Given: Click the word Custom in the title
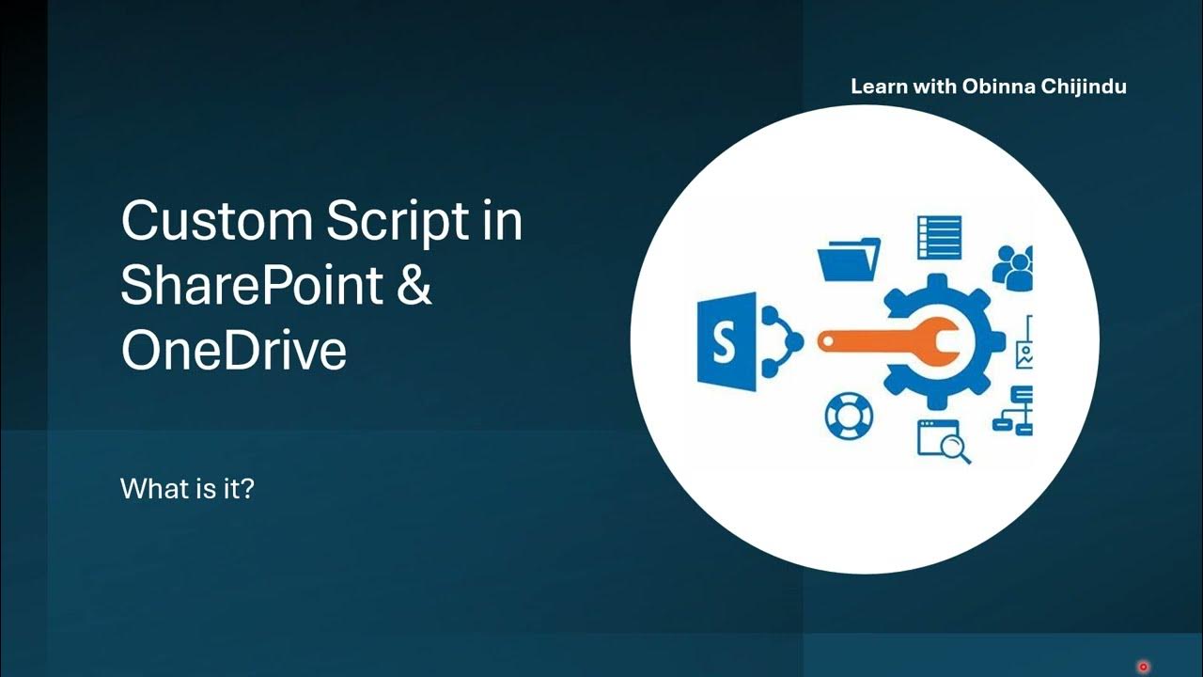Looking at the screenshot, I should (215, 222).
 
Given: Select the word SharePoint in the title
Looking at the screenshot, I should (252, 285).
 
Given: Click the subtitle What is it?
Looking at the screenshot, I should (187, 489).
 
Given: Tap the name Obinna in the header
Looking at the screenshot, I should (998, 87).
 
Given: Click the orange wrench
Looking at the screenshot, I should (888, 341).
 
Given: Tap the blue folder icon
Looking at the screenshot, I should (849, 259).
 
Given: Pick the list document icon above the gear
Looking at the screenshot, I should (939, 237).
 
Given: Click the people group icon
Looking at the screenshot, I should (1014, 267).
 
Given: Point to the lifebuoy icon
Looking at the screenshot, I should (848, 416).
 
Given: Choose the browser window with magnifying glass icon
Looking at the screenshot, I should (943, 440).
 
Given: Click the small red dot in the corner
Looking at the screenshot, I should (1143, 667).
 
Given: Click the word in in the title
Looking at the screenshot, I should (502, 222).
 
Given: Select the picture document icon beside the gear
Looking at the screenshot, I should (1024, 345).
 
